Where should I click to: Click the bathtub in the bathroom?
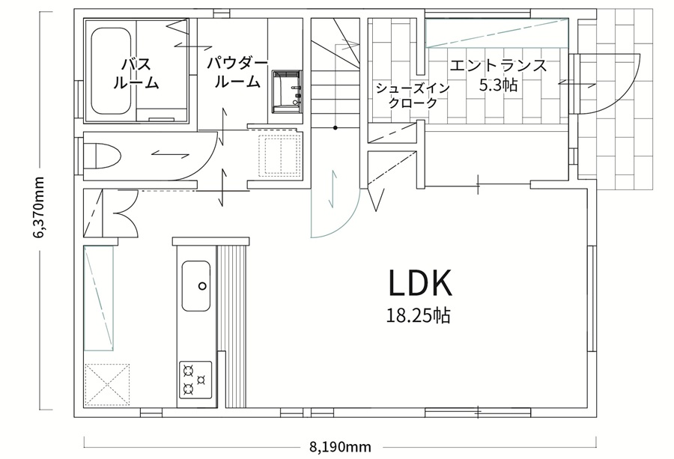(x=111, y=71)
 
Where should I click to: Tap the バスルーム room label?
(x=136, y=73)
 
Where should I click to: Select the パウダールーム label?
(x=237, y=73)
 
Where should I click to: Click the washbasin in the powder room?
(x=287, y=91)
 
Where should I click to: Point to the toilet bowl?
(x=103, y=156)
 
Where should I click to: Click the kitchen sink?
(x=196, y=286)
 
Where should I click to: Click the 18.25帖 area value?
(x=418, y=316)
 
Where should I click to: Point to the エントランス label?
(x=498, y=66)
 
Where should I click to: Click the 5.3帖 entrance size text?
(x=498, y=85)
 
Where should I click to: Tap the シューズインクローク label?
(x=413, y=95)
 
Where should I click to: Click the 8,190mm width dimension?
(x=340, y=448)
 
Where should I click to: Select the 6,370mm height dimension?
(x=40, y=207)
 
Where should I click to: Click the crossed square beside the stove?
(x=107, y=385)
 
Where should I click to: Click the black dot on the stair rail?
(x=335, y=127)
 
